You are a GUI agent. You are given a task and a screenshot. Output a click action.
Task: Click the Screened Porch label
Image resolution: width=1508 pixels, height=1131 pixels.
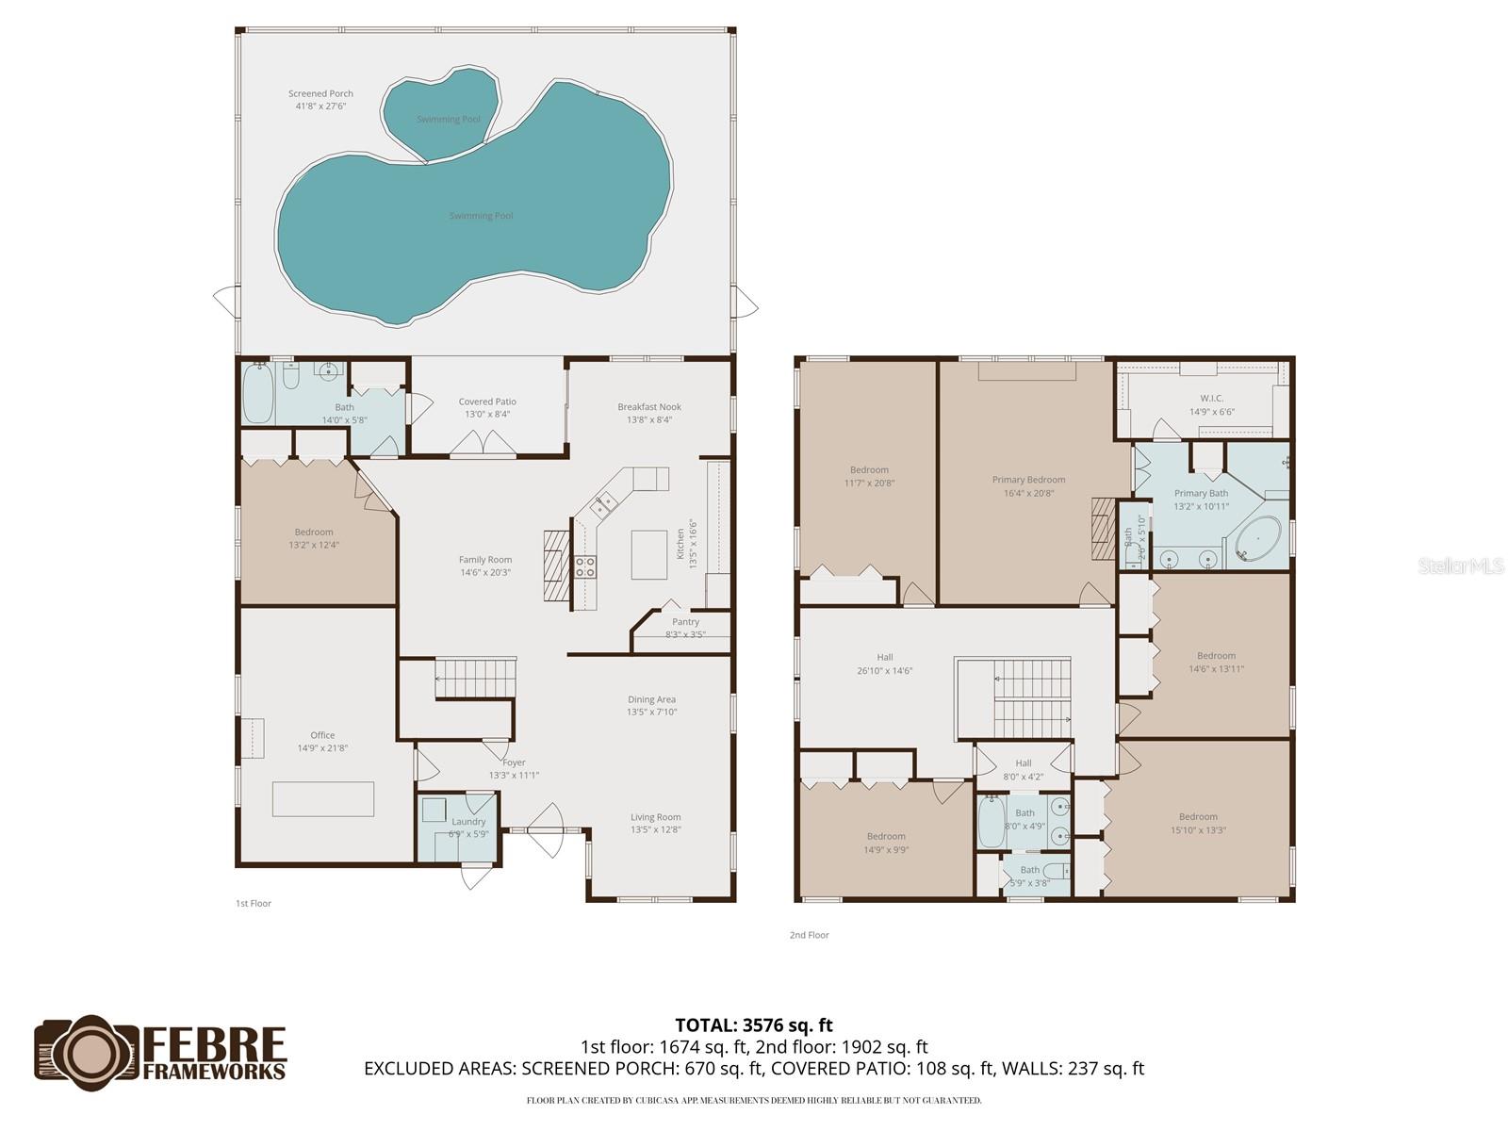[320, 94]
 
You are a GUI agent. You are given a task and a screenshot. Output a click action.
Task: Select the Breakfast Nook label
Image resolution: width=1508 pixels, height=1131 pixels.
[649, 407]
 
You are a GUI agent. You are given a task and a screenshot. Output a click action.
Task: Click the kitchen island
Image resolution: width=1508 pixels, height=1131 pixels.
[648, 555]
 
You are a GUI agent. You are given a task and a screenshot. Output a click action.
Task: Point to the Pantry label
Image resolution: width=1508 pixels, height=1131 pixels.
[685, 622]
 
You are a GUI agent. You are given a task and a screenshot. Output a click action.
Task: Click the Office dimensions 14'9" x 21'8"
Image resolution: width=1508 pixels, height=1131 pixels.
[322, 748]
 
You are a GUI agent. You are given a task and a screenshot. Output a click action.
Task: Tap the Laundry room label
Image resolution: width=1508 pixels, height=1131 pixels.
[468, 822]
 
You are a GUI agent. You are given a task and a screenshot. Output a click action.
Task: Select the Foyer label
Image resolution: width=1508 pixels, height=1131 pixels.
[514, 762]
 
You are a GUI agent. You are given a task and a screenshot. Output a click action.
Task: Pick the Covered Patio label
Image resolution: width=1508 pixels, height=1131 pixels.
[487, 402]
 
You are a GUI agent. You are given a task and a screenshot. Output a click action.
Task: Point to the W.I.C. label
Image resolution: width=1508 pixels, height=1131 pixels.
[1211, 399]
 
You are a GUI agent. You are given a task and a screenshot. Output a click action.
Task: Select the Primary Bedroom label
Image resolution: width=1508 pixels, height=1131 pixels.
[1028, 480]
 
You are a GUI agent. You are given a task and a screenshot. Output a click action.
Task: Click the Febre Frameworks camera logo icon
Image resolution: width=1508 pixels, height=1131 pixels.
[87, 1048]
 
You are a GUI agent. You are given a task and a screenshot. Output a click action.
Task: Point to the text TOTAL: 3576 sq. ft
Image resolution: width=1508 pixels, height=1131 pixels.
[754, 1024]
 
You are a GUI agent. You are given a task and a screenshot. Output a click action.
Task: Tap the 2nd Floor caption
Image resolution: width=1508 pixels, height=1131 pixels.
[809, 935]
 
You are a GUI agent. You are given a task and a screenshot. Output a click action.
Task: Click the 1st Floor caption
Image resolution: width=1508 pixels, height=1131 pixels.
[253, 903]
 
